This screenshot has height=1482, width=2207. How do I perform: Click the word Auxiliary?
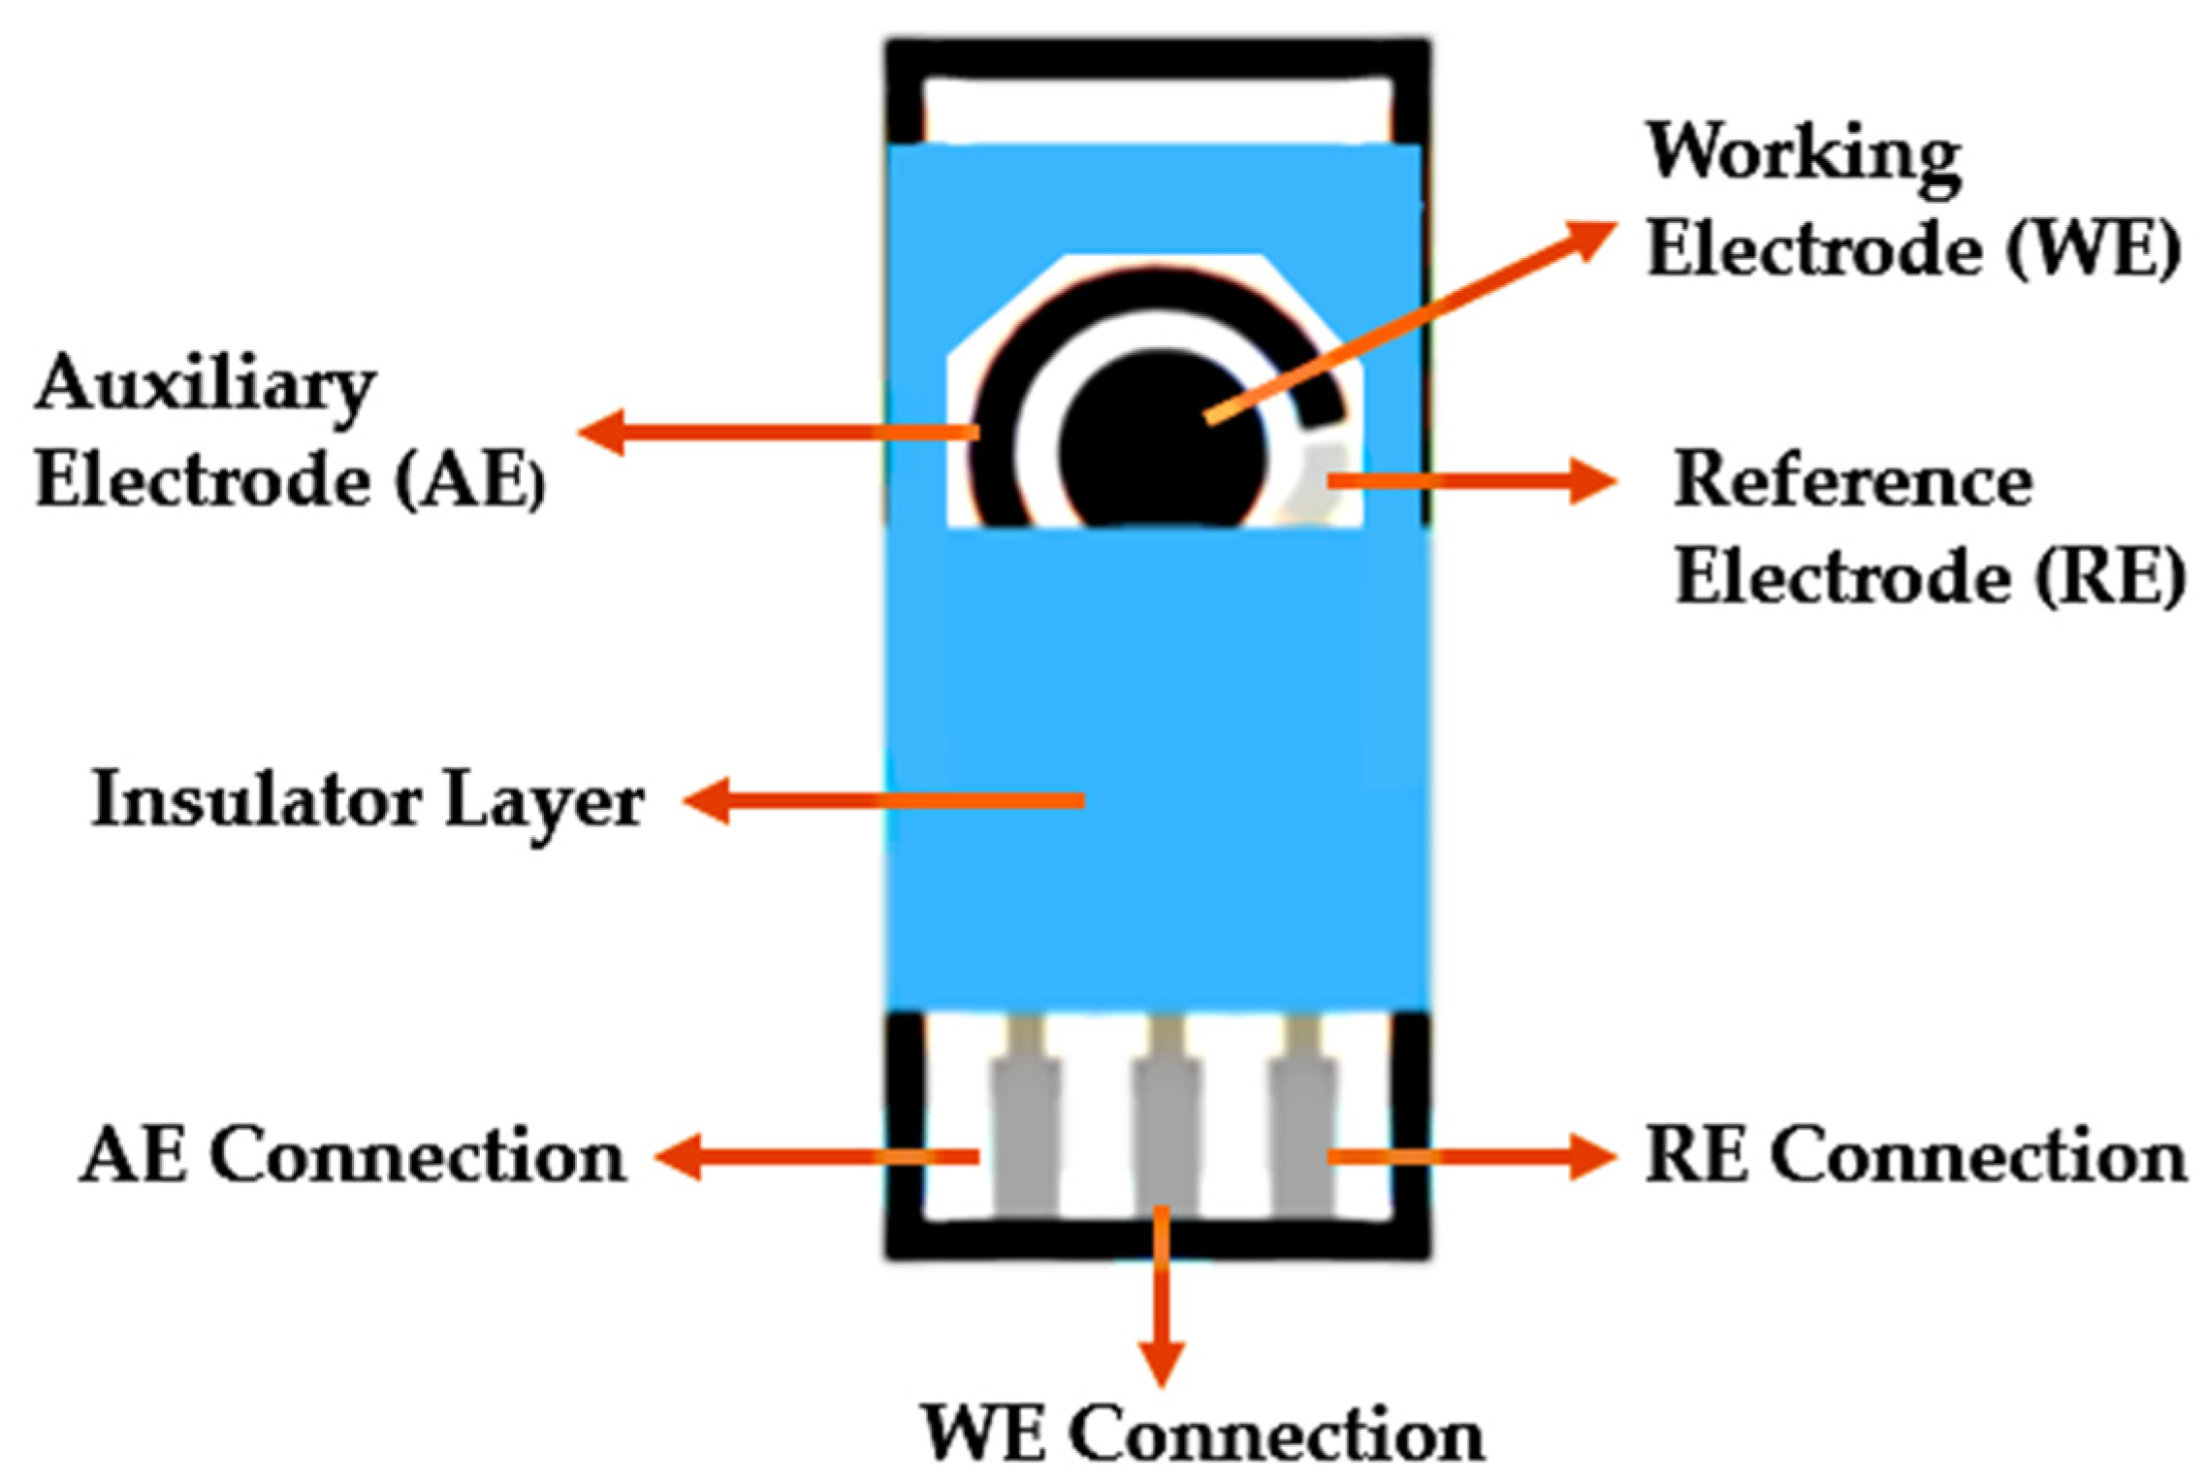(206, 386)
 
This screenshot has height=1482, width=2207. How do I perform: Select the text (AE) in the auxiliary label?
(470, 480)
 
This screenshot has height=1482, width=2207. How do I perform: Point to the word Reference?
(1853, 481)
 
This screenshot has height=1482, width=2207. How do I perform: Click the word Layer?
(544, 803)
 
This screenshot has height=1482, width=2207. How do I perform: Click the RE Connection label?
(1916, 1156)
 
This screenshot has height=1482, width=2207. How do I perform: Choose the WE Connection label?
(1202, 1434)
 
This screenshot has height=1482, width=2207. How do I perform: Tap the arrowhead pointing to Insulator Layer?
(708, 800)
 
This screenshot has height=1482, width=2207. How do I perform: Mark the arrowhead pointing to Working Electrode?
(1590, 238)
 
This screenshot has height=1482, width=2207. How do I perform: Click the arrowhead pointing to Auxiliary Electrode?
(601, 432)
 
